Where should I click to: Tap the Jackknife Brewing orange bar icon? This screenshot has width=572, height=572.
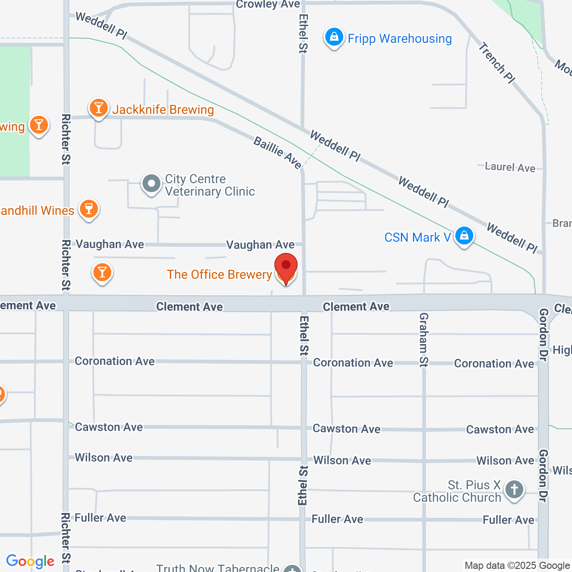98,108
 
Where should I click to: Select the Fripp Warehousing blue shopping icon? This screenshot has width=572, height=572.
334,38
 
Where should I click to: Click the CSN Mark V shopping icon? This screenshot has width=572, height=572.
464,236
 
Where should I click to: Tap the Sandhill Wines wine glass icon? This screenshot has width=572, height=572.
88,209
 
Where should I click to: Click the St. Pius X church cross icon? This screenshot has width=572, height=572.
514,490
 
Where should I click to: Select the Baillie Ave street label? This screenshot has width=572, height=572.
278,153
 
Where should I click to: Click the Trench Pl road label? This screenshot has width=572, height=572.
496,63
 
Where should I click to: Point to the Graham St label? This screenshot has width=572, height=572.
424,340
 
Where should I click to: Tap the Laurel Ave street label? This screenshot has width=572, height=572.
510,167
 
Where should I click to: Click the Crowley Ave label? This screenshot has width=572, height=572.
268,4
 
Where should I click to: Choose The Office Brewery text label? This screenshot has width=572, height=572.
219,274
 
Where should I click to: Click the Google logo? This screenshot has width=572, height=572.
30,561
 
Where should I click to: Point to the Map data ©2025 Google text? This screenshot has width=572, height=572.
517,566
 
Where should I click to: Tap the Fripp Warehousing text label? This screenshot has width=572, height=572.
400,39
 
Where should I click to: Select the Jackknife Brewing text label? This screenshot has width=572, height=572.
163,110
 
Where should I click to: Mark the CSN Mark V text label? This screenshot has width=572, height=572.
417,237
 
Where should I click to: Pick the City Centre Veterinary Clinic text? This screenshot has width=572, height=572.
210,185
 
